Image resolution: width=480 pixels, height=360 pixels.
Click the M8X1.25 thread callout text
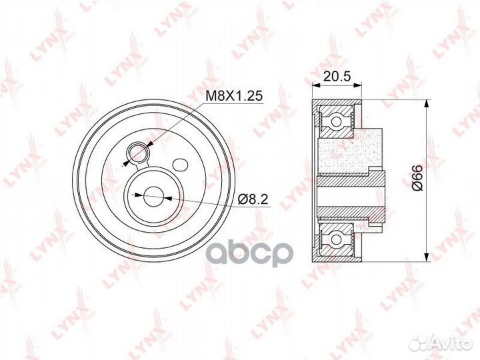pyautogui.click(x=233, y=96)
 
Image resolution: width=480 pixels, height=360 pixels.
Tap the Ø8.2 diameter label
pyautogui.click(x=254, y=198)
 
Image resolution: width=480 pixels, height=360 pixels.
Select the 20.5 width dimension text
pyautogui.click(x=337, y=77)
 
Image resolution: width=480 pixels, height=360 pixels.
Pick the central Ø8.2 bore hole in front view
pyautogui.click(x=153, y=196)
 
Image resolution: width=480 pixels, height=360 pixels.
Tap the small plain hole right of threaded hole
pyautogui.click(x=179, y=164)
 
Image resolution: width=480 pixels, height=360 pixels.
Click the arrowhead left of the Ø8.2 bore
pyautogui.click(x=139, y=195)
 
